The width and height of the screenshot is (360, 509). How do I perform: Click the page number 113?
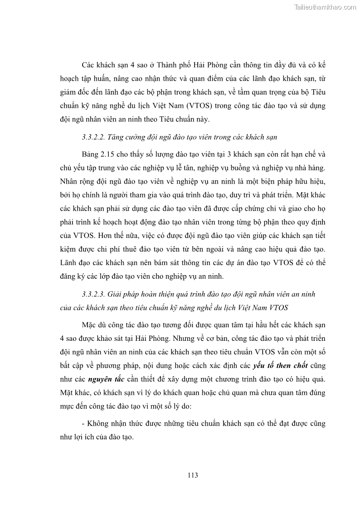192,475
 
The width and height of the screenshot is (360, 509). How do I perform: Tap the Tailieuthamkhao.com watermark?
326,7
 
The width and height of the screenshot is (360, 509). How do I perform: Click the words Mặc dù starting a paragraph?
93,325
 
